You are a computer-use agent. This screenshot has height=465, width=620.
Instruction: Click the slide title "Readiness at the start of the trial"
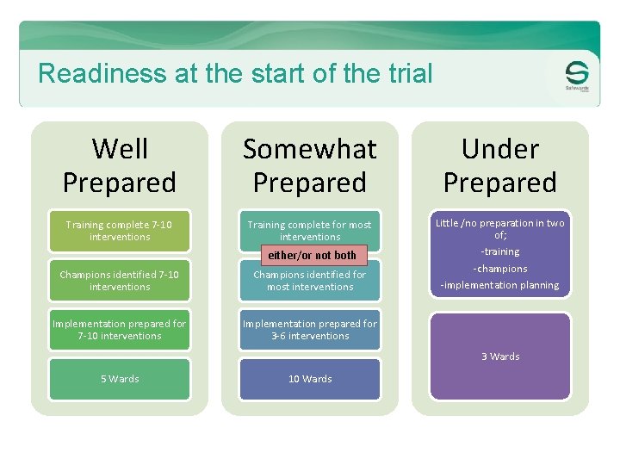pyautogui.click(x=235, y=73)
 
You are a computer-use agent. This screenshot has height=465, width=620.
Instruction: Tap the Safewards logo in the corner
pyautogui.click(x=577, y=77)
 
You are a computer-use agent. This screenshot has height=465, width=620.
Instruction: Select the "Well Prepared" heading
pyautogui.click(x=120, y=165)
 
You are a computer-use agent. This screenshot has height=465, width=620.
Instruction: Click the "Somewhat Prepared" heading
pyautogui.click(x=310, y=165)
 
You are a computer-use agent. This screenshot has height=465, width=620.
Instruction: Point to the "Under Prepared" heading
pyautogui.click(x=500, y=165)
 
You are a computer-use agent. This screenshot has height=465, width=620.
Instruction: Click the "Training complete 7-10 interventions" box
pyautogui.click(x=119, y=231)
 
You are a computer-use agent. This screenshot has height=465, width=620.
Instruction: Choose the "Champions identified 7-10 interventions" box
pyautogui.click(x=119, y=281)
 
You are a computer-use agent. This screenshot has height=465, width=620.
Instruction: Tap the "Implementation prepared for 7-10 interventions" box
pyautogui.click(x=119, y=330)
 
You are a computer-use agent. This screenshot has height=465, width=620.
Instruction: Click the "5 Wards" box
pyautogui.click(x=119, y=379)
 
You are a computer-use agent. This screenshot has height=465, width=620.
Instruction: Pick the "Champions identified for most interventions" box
pyautogui.click(x=310, y=281)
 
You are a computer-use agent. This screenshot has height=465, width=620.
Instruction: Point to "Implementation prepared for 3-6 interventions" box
pyautogui.click(x=310, y=330)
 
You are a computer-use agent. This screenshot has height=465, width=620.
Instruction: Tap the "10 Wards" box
pyautogui.click(x=310, y=379)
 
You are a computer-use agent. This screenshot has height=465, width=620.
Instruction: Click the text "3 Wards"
pyautogui.click(x=500, y=356)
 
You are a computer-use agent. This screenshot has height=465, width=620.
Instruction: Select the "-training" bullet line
pyautogui.click(x=500, y=251)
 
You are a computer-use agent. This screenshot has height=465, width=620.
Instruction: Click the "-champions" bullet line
pyautogui.click(x=500, y=269)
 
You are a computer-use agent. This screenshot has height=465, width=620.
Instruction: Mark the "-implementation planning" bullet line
pyautogui.click(x=500, y=285)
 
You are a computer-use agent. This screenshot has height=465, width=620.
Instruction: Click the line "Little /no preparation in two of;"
pyautogui.click(x=500, y=228)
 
